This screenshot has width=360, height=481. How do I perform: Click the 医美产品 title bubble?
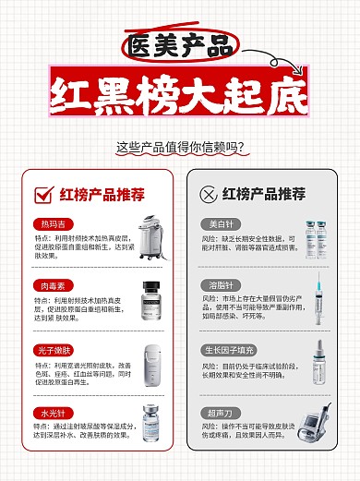(179, 44)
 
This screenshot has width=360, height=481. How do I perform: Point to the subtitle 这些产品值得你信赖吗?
(180, 147)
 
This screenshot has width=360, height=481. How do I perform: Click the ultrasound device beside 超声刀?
(310, 426)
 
